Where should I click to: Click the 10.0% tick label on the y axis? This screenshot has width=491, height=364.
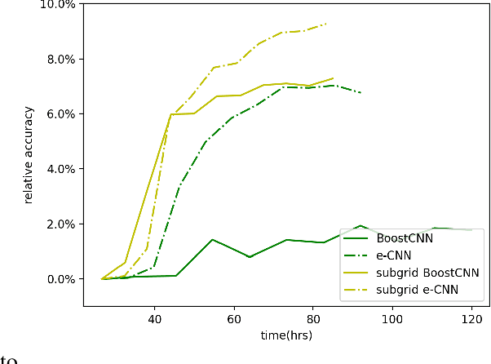(x=59, y=5)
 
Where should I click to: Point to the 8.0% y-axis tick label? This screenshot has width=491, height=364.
(x=61, y=60)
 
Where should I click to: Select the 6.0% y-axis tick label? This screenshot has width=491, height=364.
(x=61, y=114)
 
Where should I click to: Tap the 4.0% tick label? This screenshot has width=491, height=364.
(x=61, y=169)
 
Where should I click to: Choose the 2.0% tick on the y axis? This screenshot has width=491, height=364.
(x=61, y=224)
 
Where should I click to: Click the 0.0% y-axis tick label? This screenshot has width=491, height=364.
(x=61, y=279)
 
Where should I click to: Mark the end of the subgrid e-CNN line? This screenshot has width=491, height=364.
(x=326, y=24)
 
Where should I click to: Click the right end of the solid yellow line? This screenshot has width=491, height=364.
(x=333, y=78)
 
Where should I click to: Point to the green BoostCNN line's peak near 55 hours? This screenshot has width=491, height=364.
(x=212, y=240)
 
